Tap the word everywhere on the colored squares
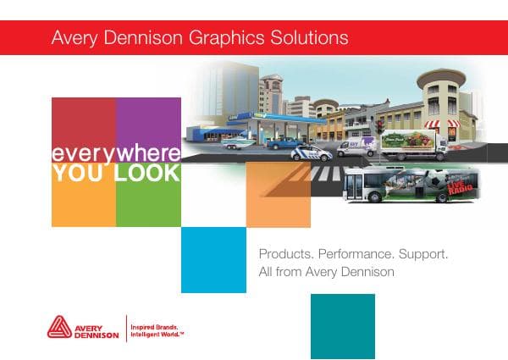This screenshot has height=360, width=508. pos(115,154)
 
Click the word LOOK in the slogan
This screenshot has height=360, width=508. pos(147,173)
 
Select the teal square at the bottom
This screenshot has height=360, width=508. pos(342,326)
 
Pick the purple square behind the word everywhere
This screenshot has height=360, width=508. pos(147,123)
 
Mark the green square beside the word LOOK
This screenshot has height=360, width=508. pos(147,203)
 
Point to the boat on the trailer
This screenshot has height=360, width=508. pos(237,143)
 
